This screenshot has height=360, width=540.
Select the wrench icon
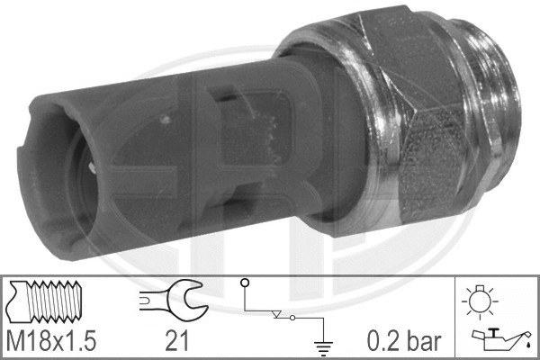pyautogui.click(x=173, y=300)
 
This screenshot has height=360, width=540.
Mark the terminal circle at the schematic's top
pyautogui.click(x=244, y=283)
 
